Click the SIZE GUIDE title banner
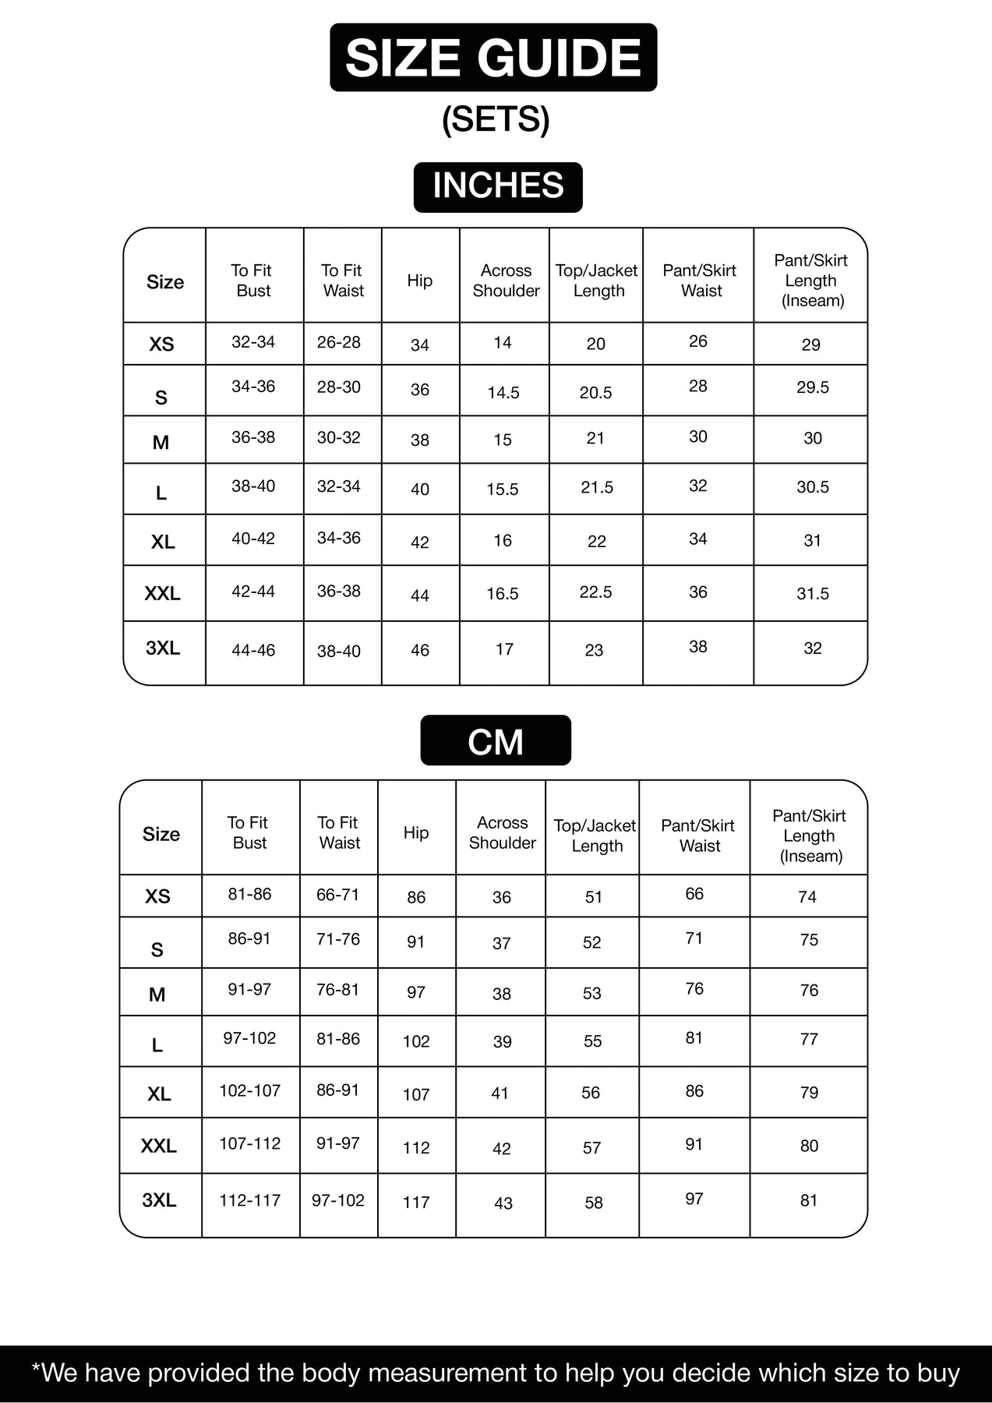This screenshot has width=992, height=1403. pos(493,58)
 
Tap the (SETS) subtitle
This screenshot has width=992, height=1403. pos(496,119)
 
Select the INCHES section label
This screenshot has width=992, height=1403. pos(498,186)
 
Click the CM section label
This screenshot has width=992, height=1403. pos(496,741)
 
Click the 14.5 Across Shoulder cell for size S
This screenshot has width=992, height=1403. pos(503,393)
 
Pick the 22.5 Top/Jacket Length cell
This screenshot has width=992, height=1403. pos(595,592)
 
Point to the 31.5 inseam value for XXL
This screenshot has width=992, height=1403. pos(812,594)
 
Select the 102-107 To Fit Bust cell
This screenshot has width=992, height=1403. pos(249,1091)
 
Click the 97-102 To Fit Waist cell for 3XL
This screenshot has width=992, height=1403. pos(338,1200)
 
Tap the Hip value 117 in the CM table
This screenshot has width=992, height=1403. pos(416,1203)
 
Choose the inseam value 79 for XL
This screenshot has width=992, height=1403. pos(809,1093)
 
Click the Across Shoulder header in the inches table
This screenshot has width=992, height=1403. pos(506,281)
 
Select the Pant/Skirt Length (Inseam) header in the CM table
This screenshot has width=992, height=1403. pos(810,836)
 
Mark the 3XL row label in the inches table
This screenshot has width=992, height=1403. pos(163,648)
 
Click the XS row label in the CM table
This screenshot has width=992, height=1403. pos(157,896)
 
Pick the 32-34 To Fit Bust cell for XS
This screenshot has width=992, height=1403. pos(253,342)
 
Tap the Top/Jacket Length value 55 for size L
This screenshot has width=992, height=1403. pos(592,1041)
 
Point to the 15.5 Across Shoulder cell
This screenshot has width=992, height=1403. pos(503,489)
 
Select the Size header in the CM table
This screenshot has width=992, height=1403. pos(161,834)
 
